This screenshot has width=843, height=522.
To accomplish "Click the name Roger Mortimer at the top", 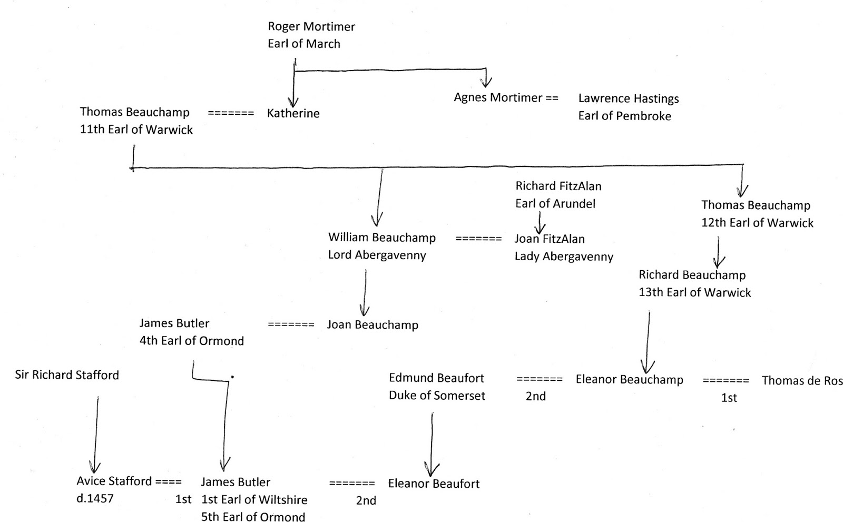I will (x=311, y=26).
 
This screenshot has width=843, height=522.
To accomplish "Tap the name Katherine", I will (x=293, y=113).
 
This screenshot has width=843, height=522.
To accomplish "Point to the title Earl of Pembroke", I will (x=624, y=116).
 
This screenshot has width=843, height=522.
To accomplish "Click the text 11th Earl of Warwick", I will (x=136, y=130).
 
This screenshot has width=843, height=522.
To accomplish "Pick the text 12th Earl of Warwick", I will (x=757, y=223).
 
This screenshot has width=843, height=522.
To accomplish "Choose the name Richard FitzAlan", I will (x=558, y=186).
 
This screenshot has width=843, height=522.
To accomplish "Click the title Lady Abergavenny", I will (x=564, y=257).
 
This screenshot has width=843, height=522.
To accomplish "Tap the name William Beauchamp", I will (x=381, y=238).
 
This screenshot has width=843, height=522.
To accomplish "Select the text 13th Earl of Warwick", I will (x=694, y=292).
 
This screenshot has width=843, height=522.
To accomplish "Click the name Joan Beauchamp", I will (x=372, y=325).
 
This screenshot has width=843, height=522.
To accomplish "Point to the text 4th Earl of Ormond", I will (x=191, y=341).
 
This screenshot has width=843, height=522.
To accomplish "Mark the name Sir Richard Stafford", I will (x=67, y=375).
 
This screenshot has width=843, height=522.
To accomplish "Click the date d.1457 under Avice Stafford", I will (x=95, y=498).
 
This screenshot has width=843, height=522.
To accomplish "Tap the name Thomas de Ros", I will (x=801, y=381).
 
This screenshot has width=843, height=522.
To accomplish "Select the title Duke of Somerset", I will (x=437, y=396).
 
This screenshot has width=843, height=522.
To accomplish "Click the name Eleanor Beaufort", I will (x=434, y=484).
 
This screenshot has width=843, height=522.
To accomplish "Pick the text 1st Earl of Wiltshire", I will (x=254, y=499).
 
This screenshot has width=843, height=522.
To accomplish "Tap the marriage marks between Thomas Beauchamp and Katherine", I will (x=231, y=113).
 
